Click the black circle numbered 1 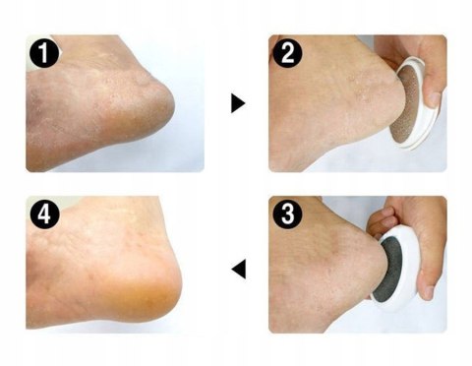[x=44, y=53]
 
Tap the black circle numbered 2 [x=287, y=52]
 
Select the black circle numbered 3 [x=287, y=213]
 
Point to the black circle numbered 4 [x=44, y=213]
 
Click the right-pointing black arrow [x=238, y=103]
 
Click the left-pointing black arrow [x=239, y=270]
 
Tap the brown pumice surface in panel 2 [x=404, y=106]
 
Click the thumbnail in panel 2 [x=434, y=99]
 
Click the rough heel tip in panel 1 [x=164, y=101]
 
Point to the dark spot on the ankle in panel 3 [x=335, y=242]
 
